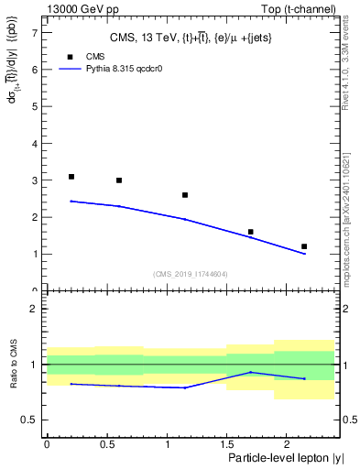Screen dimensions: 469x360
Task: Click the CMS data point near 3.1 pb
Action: (x=71, y=177)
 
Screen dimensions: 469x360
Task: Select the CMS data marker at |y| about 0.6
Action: (x=119, y=180)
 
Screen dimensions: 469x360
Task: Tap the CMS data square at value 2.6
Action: (x=185, y=195)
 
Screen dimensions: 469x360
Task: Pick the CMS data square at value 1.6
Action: (x=250, y=232)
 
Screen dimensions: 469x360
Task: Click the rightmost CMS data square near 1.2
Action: (x=304, y=246)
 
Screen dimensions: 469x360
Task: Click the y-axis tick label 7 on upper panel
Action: (x=34, y=32)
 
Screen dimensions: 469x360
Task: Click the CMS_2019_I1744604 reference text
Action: (x=190, y=273)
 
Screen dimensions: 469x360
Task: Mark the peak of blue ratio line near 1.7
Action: (x=250, y=372)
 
